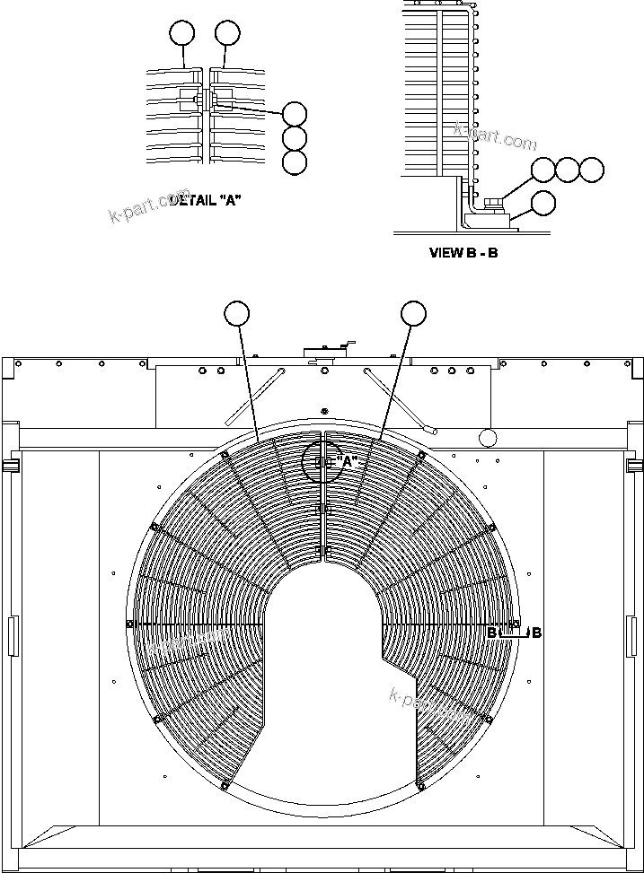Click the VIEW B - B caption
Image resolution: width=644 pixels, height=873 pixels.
pyautogui.click(x=463, y=253)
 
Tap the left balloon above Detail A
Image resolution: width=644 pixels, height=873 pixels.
pyautogui.click(x=182, y=34)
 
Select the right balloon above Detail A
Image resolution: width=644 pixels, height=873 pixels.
pyautogui.click(x=227, y=34)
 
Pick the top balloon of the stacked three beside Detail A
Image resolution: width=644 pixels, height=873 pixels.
pyautogui.click(x=295, y=113)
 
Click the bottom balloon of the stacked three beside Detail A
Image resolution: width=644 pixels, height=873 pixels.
pyautogui.click(x=295, y=162)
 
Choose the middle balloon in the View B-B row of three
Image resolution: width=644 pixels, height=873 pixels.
pyautogui.click(x=568, y=169)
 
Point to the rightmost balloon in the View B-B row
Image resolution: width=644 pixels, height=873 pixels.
pyautogui.click(x=592, y=169)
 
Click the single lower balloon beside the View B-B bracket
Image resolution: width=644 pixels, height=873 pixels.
pyautogui.click(x=543, y=203)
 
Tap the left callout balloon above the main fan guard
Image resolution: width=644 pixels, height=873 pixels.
pyautogui.click(x=237, y=312)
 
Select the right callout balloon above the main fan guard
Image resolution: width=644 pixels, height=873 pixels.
pyautogui.click(x=413, y=312)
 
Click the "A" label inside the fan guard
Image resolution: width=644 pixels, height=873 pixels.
pyautogui.click(x=347, y=461)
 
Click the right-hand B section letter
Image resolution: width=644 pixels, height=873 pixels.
pyautogui.click(x=536, y=633)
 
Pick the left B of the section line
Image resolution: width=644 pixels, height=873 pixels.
pyautogui.click(x=492, y=633)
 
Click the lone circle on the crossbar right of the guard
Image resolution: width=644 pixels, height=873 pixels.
pyautogui.click(x=488, y=438)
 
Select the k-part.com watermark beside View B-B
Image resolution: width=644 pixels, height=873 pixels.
pyautogui.click(x=496, y=137)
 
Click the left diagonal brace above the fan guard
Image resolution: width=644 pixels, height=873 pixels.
pyautogui.click(x=253, y=396)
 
